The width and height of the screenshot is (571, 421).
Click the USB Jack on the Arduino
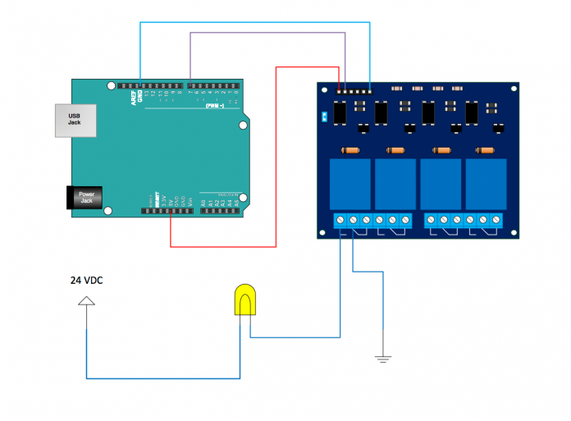pyautogui.click(x=74, y=121)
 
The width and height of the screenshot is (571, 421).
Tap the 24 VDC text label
pyautogui.click(x=86, y=281)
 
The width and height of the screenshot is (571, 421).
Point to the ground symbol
pyautogui.click(x=382, y=357)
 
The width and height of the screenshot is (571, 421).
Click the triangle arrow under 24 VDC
pyautogui.click(x=86, y=301)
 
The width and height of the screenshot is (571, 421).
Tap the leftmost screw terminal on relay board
pyautogui.click(x=340, y=220)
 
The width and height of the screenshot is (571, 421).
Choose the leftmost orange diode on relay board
pyautogui.click(x=350, y=150)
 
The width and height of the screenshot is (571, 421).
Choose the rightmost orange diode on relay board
pyautogui.click(x=486, y=150)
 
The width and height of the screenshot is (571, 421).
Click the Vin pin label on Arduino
pyautogui.click(x=190, y=200)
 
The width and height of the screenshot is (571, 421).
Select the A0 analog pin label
pyautogui.click(x=203, y=200)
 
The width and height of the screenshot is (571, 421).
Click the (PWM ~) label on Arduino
pyautogui.click(x=215, y=106)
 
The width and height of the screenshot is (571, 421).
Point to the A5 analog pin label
pyautogui.click(x=236, y=200)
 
